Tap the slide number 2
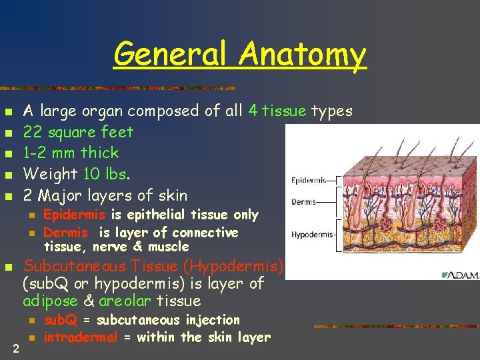[15, 348]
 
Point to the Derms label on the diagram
[304, 202]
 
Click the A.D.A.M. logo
[460, 275]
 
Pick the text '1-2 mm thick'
[71, 153]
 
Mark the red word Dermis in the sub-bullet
[66, 233]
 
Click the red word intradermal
[80, 337]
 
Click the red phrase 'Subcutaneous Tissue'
[102, 266]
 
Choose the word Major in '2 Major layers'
[62, 195]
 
